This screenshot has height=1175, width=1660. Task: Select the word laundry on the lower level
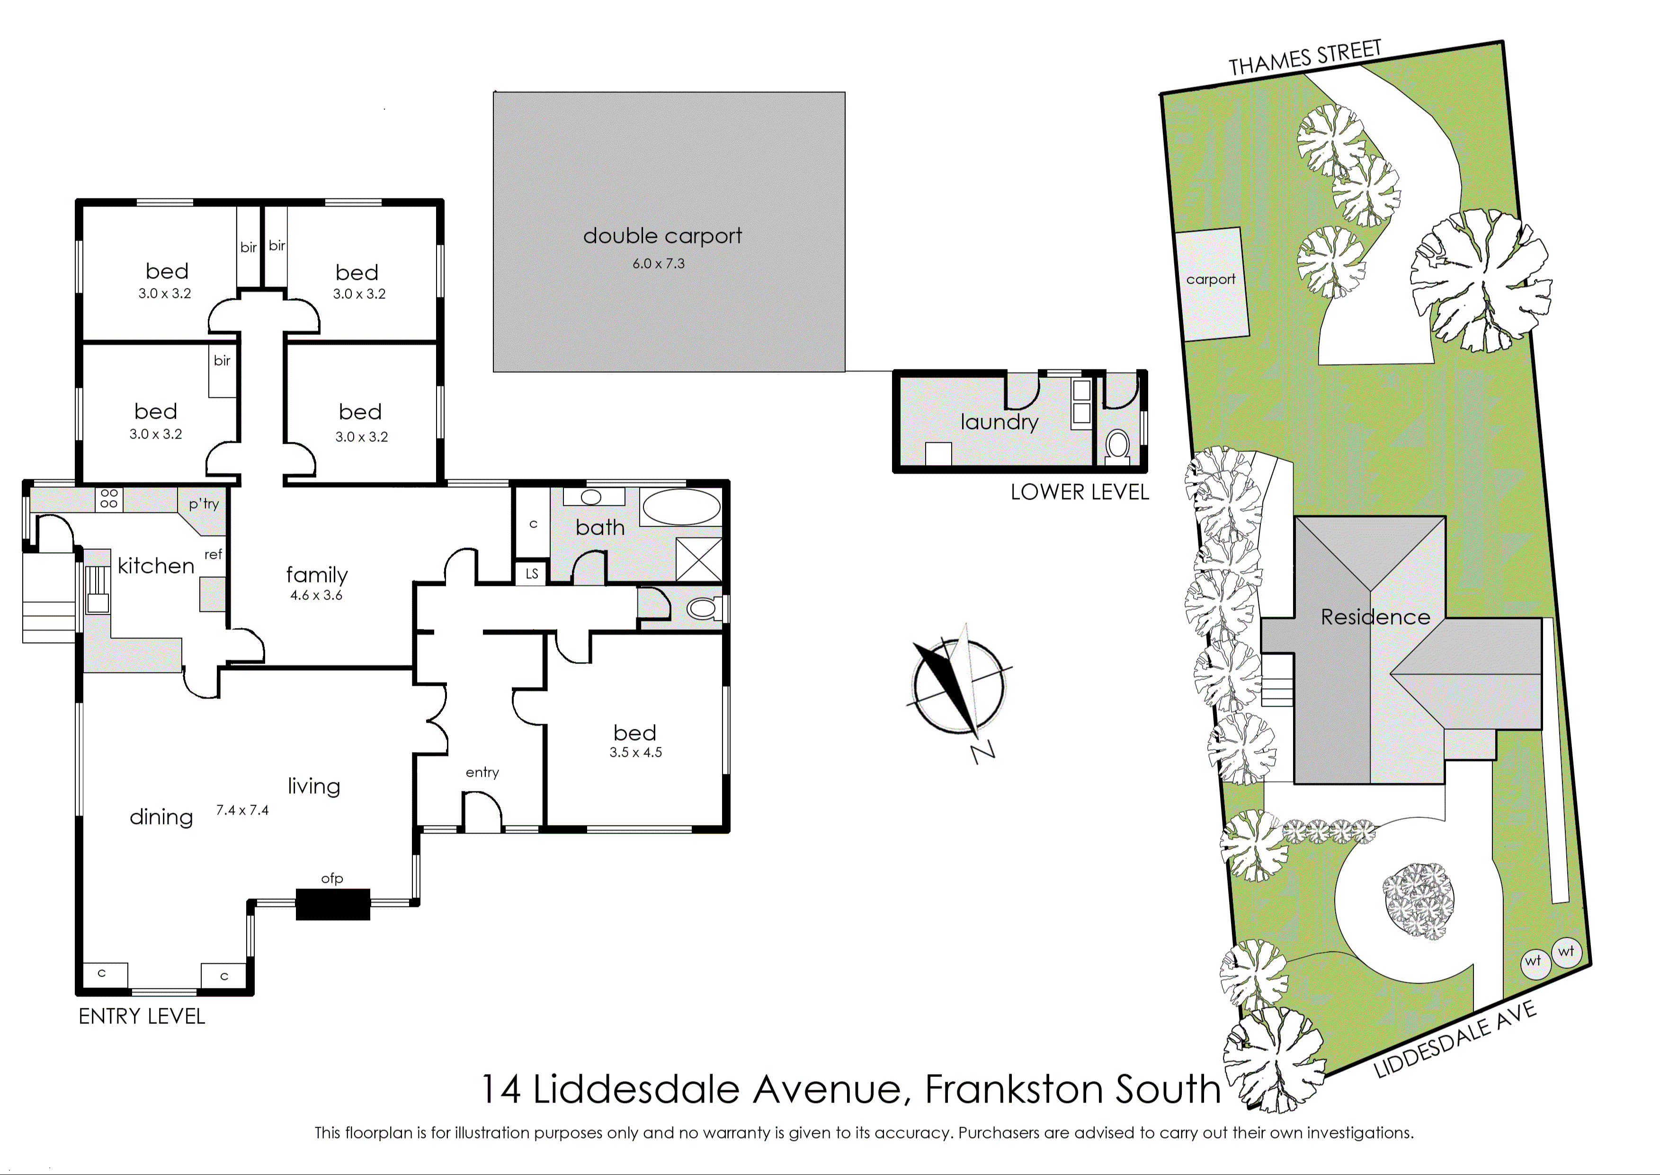(1000, 422)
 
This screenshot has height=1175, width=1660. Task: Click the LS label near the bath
(532, 574)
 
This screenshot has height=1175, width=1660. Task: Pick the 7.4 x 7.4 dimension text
(242, 810)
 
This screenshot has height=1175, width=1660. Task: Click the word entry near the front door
(482, 773)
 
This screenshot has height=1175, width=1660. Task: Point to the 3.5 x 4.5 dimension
(636, 753)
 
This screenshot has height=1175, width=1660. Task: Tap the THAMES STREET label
(1305, 58)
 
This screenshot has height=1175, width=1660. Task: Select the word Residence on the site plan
(1376, 617)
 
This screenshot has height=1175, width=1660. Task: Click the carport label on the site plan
(1211, 279)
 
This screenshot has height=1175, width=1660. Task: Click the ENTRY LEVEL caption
(142, 1016)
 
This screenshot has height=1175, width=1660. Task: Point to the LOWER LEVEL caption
(1080, 492)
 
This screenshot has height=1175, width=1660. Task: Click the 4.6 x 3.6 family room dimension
(317, 595)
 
